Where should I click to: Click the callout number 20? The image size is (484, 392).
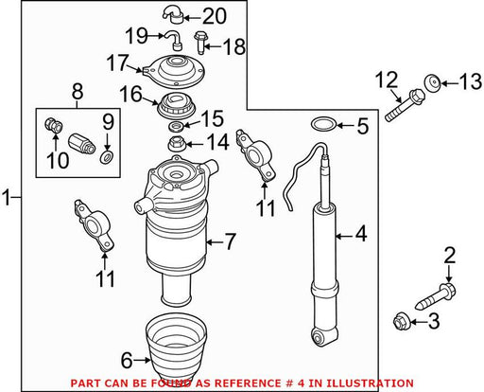215,16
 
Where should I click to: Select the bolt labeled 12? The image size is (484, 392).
405,105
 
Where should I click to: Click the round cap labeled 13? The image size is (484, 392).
433,83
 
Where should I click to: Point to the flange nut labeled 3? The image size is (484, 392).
402,321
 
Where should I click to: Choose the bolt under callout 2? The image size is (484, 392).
436,295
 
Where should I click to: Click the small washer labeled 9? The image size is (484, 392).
107,157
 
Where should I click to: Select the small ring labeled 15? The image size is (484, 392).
177,127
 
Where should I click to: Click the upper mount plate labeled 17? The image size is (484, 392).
174,72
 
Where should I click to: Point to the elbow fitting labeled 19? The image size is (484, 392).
173,41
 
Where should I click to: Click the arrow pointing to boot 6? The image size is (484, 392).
142,360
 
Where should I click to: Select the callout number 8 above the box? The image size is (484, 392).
78,92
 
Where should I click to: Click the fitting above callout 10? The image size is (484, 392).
54,126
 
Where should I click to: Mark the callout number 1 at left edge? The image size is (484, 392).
6,197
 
